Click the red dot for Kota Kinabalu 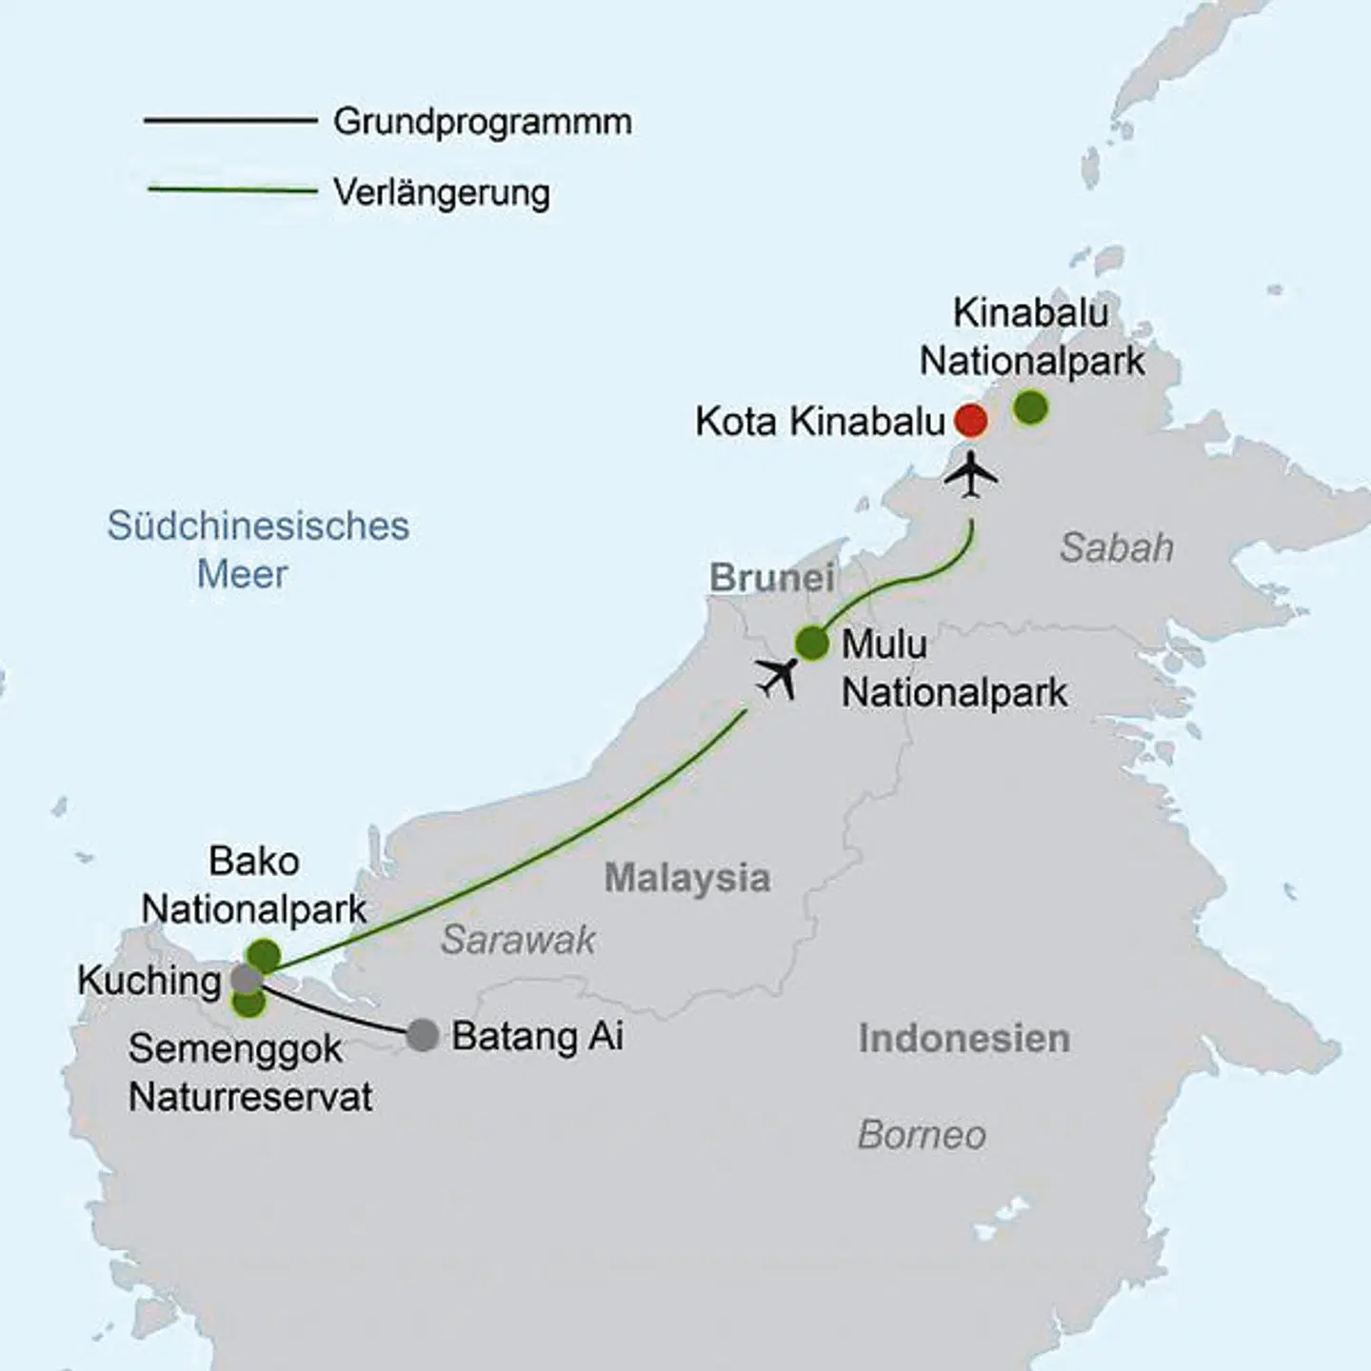(x=970, y=420)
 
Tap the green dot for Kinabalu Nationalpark (x=1030, y=407)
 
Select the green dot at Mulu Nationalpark (x=812, y=644)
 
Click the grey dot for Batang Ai (x=423, y=1035)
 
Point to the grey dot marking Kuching (x=247, y=978)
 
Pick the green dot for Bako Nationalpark (x=264, y=955)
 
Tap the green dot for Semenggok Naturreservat (x=248, y=1002)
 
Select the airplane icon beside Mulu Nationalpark (x=779, y=678)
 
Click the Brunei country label (x=772, y=578)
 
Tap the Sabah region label (x=1116, y=548)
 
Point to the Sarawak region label (x=518, y=941)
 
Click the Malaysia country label (x=687, y=878)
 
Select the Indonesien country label (x=964, y=1039)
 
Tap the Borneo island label (x=922, y=1135)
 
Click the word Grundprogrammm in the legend (x=483, y=122)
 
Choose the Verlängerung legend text (x=442, y=192)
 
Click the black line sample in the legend (x=230, y=121)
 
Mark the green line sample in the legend (x=232, y=190)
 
